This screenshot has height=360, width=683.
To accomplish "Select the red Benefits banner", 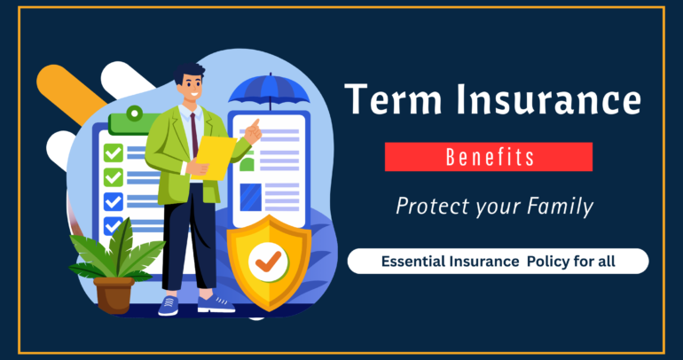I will click(x=488, y=157).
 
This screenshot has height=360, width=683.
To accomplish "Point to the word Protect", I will click(x=428, y=207).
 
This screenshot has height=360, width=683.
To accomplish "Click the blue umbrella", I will click(x=269, y=91).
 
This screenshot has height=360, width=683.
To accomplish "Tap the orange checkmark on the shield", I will click(x=269, y=259).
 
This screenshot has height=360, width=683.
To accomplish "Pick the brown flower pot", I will click(x=114, y=293).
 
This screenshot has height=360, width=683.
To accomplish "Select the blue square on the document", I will click(x=251, y=195).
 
